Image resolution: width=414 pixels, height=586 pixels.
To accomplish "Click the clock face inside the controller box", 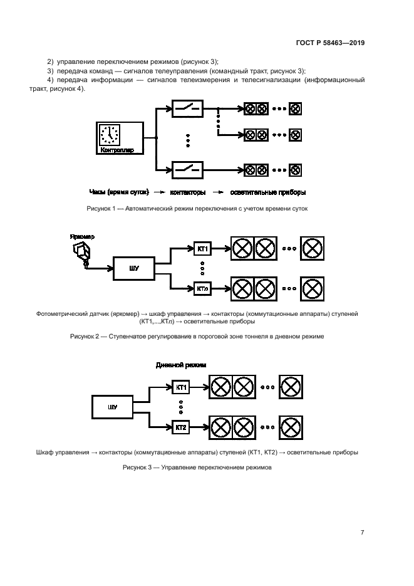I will point(110,134).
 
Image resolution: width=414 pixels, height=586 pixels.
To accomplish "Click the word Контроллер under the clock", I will point(117,150).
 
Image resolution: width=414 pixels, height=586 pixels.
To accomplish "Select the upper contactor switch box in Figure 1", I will point(187,109).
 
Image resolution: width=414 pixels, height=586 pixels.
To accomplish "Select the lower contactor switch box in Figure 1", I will point(187,169).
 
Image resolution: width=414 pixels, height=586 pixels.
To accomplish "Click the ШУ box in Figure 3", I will point(113,407).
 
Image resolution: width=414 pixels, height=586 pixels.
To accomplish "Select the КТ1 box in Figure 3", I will point(181,387).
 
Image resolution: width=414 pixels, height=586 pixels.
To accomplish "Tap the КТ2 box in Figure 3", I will point(181,427).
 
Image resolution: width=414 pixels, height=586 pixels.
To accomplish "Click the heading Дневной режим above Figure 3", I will point(180,364).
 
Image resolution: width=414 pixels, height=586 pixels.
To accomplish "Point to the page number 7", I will point(362,532).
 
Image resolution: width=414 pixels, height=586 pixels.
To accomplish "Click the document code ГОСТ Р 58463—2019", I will point(330,43).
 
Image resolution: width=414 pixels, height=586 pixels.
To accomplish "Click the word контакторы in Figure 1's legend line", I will point(187,192).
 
